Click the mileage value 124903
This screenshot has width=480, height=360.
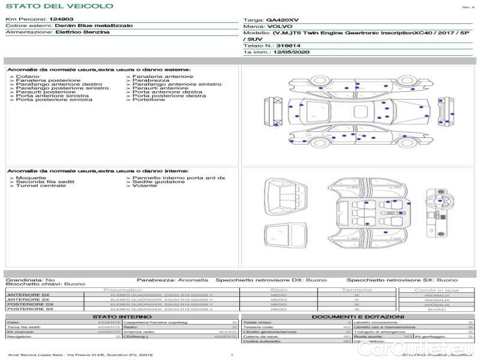click(61, 19)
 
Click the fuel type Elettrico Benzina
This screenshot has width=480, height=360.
click(82, 32)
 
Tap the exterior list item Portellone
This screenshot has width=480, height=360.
click(149, 100)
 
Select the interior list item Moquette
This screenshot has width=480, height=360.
click(31, 178)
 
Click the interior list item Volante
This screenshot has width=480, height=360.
click(145, 186)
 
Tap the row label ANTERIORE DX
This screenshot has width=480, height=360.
click(28, 295)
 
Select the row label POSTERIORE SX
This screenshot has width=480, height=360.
click(29, 309)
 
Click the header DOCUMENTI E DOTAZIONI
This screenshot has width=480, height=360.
click(358, 316)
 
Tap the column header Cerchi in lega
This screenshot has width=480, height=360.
click(436, 290)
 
